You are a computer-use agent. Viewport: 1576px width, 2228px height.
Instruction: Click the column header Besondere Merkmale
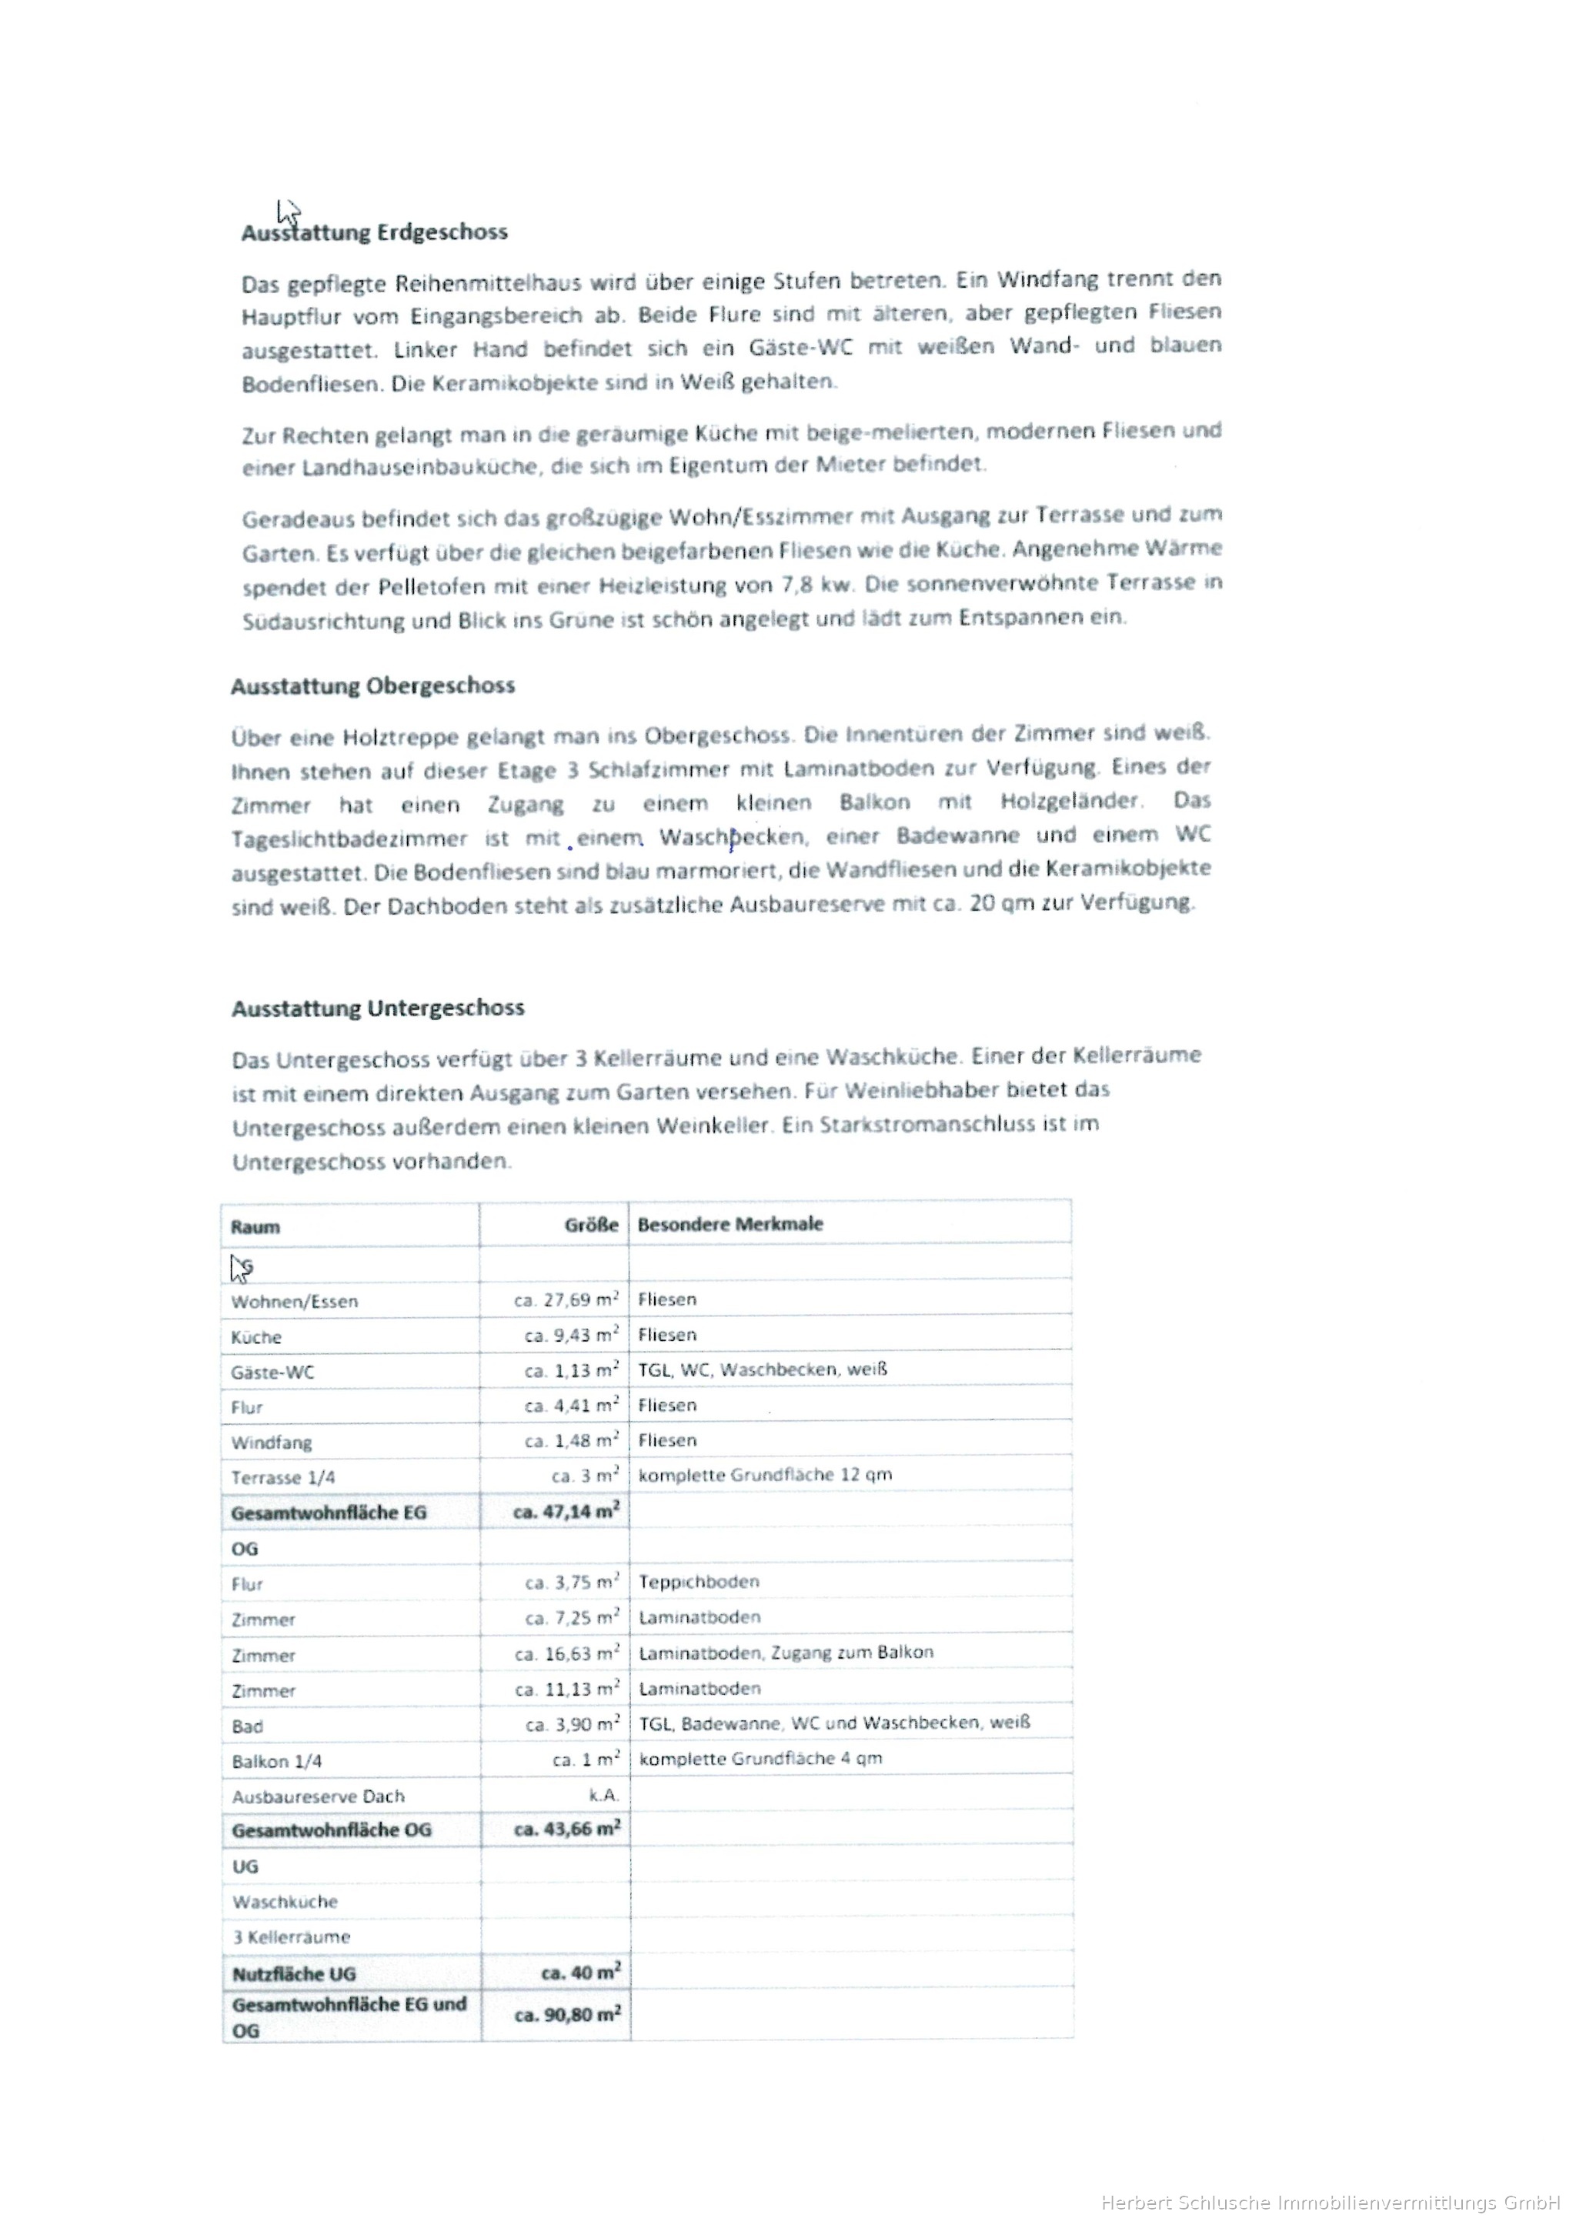point(730,1225)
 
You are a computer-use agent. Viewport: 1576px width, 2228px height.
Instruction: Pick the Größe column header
point(591,1226)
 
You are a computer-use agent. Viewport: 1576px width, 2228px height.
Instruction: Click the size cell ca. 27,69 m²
point(566,1300)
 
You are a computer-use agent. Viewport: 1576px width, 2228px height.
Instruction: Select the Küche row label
point(256,1337)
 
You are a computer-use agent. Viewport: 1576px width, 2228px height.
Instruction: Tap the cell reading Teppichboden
point(699,1582)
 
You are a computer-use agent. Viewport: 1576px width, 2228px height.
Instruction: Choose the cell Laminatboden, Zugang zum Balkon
point(786,1653)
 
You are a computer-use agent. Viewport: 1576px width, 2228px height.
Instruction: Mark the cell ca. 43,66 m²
point(566,1830)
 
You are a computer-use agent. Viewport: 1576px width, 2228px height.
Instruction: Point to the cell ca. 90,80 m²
point(566,2016)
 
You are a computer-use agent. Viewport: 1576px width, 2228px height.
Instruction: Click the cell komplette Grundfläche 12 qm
point(765,1475)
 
